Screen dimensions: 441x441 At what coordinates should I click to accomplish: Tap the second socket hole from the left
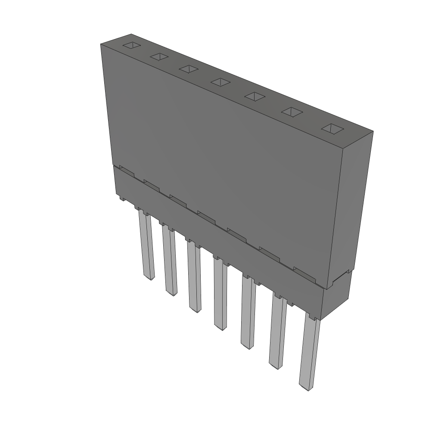coord(159,56)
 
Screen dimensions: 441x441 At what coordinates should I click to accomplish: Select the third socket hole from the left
coord(189,68)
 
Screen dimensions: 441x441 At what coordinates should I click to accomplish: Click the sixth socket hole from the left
coord(292,112)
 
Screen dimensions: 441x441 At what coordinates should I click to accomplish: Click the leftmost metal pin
coord(146,245)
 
